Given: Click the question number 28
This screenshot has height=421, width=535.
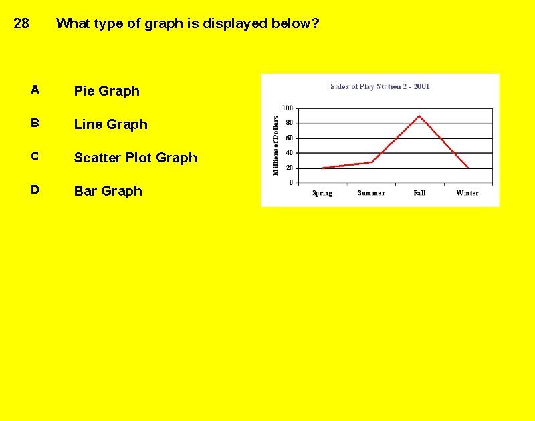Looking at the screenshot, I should pos(21,24).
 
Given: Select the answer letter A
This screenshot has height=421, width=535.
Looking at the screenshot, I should pos(35,90).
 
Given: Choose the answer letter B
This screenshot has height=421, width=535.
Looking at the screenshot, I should pos(35,123).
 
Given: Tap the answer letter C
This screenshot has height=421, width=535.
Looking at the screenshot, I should pos(35,156).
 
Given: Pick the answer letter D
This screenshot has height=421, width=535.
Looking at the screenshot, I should pos(35,190).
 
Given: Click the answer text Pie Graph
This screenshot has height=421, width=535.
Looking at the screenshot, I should pos(106,91).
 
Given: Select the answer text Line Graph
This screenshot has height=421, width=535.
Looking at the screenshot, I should pos(110,124).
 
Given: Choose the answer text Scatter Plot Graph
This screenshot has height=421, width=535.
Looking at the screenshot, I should pos(135,158).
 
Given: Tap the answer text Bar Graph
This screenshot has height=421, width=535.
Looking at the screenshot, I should pos(108,191).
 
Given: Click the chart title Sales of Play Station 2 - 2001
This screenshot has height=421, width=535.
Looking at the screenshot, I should pos(380,86).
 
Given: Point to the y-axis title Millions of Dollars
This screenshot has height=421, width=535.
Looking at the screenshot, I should pos(275,144).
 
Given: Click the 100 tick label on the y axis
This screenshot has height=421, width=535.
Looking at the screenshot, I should pos(287,108).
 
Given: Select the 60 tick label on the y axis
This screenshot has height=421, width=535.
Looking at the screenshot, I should pos(289,138).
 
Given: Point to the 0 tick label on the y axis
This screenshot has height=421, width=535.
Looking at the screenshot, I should pos(291,182).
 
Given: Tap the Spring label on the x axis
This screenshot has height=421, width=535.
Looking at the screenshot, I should pos(322,193).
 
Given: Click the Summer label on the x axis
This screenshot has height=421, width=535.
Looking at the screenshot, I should pos(371,193).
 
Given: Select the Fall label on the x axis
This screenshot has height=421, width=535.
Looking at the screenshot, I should pos(419,193).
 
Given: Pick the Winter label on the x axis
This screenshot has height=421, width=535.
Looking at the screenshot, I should pos(467,193).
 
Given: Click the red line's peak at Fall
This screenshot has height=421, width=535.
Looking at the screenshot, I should pos(419,116).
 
